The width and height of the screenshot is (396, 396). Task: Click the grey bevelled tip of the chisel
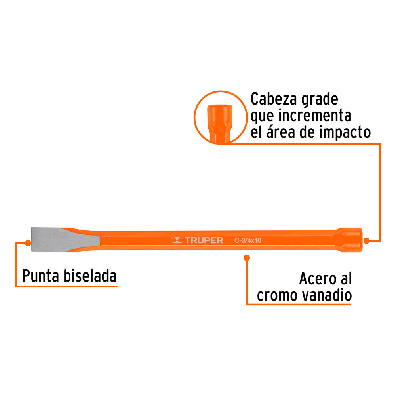[51, 239]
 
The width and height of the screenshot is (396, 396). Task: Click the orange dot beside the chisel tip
[27, 242]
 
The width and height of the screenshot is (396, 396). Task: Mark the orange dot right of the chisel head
[367, 240]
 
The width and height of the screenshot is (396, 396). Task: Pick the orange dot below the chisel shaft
[247, 258]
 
